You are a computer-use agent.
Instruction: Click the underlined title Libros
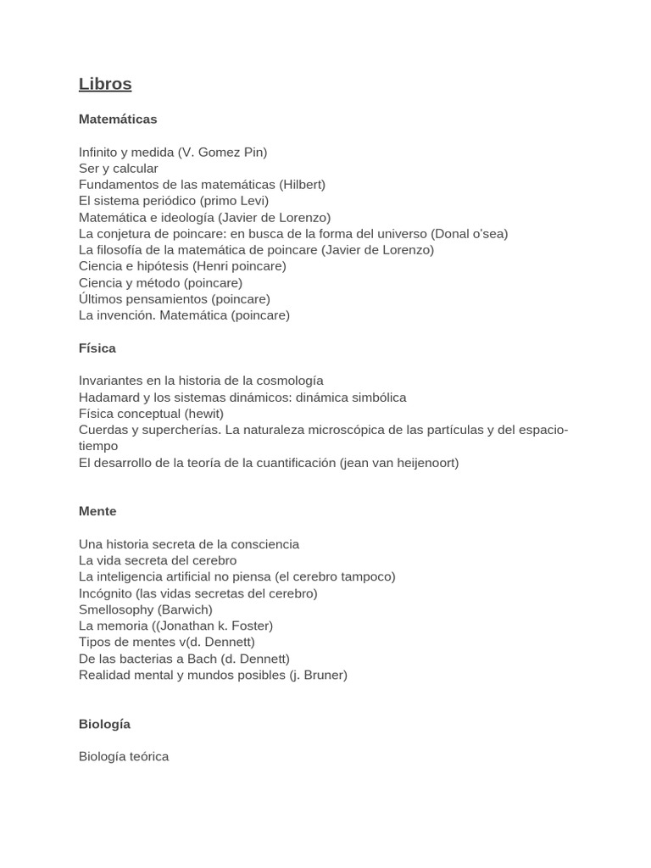click(105, 85)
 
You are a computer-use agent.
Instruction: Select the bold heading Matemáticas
click(118, 120)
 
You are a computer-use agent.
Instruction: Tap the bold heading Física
click(97, 348)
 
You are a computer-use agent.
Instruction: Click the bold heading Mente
click(97, 511)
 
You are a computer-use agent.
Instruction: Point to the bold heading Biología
click(104, 725)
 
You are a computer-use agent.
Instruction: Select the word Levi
click(252, 201)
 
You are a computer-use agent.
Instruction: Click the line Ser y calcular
click(119, 169)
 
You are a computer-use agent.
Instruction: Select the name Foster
click(250, 626)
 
